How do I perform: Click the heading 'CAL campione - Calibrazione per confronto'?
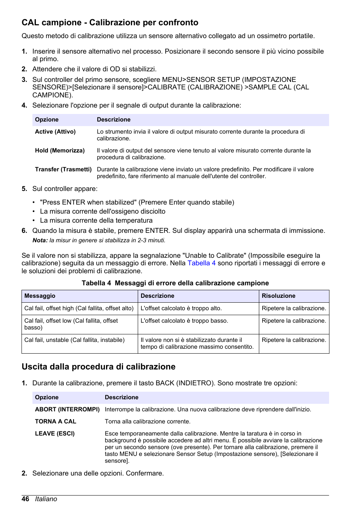[110, 23]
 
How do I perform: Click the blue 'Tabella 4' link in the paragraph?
[202, 263]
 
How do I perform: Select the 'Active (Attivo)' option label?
[55, 132]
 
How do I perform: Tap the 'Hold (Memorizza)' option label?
[60, 151]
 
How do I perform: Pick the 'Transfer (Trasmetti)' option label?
[63, 169]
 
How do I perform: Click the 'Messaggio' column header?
[40, 296]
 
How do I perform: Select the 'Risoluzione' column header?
[278, 296]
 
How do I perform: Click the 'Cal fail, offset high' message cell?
[79, 308]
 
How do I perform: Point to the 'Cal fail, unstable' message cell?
[74, 340]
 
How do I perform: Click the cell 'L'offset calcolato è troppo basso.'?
[184, 321]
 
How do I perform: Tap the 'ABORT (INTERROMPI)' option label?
[67, 409]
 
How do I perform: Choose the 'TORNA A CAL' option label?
[55, 422]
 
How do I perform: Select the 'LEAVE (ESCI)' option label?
[55, 434]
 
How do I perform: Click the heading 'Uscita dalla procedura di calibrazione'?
[98, 367]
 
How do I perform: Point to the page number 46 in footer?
[25, 499]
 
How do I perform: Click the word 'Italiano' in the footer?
[46, 499]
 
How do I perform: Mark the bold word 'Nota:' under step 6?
[40, 240]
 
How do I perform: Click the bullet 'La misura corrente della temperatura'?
[96, 220]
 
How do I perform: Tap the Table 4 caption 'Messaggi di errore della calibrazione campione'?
[192, 283]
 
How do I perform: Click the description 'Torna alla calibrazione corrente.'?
[148, 422]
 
